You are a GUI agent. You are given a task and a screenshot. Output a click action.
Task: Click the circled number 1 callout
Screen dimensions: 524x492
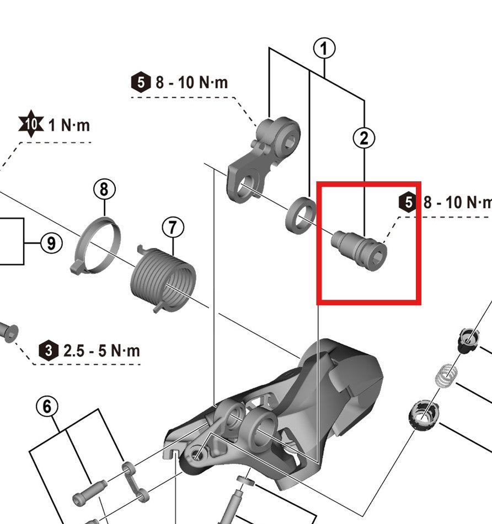(x=324, y=48)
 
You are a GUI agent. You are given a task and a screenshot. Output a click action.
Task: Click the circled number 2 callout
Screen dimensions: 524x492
(x=363, y=137)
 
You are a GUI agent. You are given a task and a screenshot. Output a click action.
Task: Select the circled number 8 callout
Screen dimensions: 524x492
(x=104, y=190)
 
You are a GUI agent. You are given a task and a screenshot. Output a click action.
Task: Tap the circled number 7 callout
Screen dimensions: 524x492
(x=173, y=226)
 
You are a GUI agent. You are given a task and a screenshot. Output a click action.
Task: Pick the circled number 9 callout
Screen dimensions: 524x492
(x=51, y=242)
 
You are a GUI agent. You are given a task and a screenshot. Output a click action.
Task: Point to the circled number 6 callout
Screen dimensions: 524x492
(x=47, y=407)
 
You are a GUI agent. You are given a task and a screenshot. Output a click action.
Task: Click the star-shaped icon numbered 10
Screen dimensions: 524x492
(x=32, y=125)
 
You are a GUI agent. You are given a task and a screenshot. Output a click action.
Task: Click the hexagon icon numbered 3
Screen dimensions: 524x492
(x=49, y=350)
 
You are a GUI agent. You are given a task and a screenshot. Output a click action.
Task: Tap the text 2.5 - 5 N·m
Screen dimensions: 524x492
(x=101, y=350)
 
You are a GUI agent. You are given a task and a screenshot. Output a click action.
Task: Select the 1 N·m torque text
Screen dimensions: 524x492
(x=69, y=125)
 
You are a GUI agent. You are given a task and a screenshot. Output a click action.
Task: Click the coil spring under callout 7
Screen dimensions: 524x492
(x=163, y=279)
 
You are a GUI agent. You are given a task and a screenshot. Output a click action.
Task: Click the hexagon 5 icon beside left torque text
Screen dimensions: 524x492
(x=141, y=83)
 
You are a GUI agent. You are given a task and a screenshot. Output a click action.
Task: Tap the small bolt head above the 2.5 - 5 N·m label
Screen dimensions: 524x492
(x=9, y=332)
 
